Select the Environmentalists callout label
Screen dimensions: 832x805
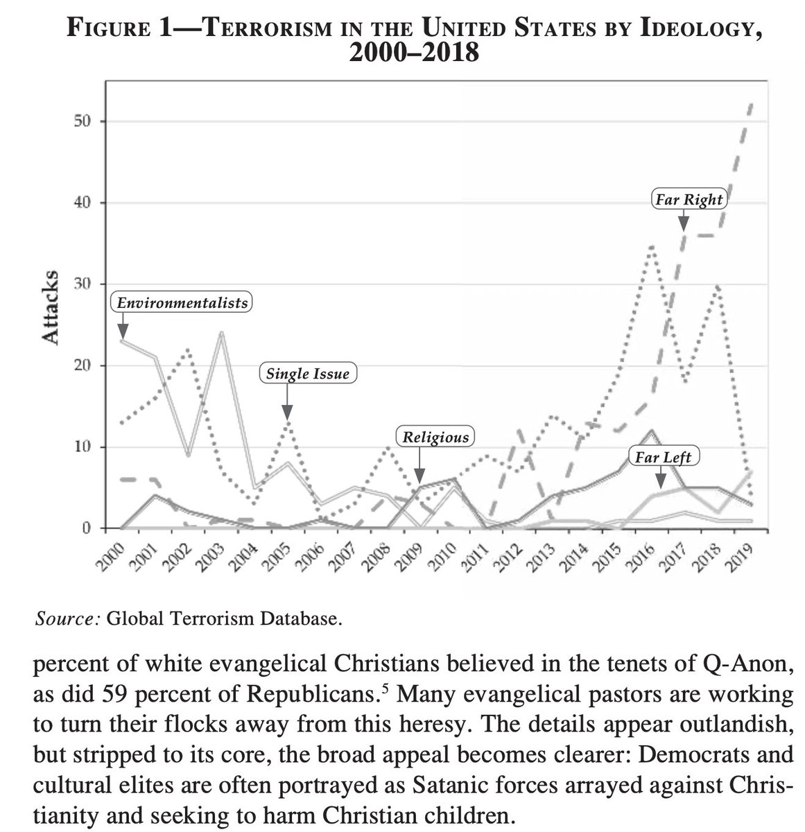point(182,303)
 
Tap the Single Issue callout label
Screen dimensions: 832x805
point(308,374)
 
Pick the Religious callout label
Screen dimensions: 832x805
point(435,437)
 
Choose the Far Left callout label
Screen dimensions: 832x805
point(664,457)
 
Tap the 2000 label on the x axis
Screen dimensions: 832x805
point(108,559)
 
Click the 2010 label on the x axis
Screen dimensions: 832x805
point(440,559)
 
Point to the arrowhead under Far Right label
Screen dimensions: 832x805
point(684,223)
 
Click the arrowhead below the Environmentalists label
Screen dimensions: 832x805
point(123,331)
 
